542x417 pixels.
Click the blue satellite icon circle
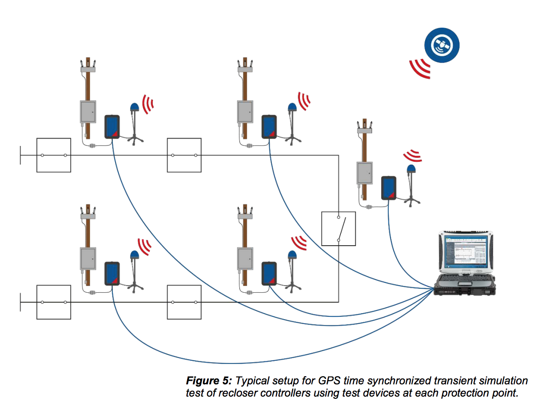click(x=442, y=44)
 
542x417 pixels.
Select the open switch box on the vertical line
click(x=339, y=228)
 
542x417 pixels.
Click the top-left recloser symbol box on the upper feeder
click(x=53, y=155)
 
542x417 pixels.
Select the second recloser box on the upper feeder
click(x=184, y=155)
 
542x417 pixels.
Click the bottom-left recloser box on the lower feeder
click(x=53, y=302)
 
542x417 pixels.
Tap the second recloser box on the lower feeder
click(x=184, y=302)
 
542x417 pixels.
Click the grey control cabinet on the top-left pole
click(x=88, y=111)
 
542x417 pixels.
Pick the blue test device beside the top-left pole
click(x=112, y=126)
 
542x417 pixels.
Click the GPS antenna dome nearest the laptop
click(x=411, y=169)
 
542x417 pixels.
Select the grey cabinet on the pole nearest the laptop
click(x=364, y=173)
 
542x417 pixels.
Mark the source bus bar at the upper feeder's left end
click(x=20, y=155)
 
